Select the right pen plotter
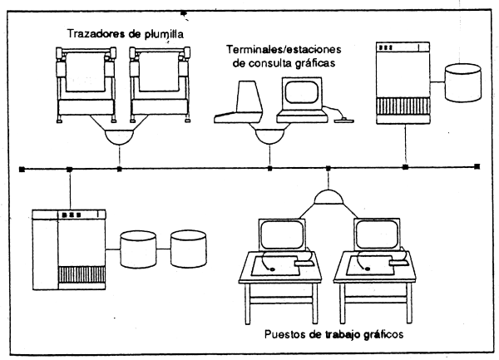(x=159, y=83)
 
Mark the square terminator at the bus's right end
(x=477, y=168)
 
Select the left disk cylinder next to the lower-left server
(x=139, y=248)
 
